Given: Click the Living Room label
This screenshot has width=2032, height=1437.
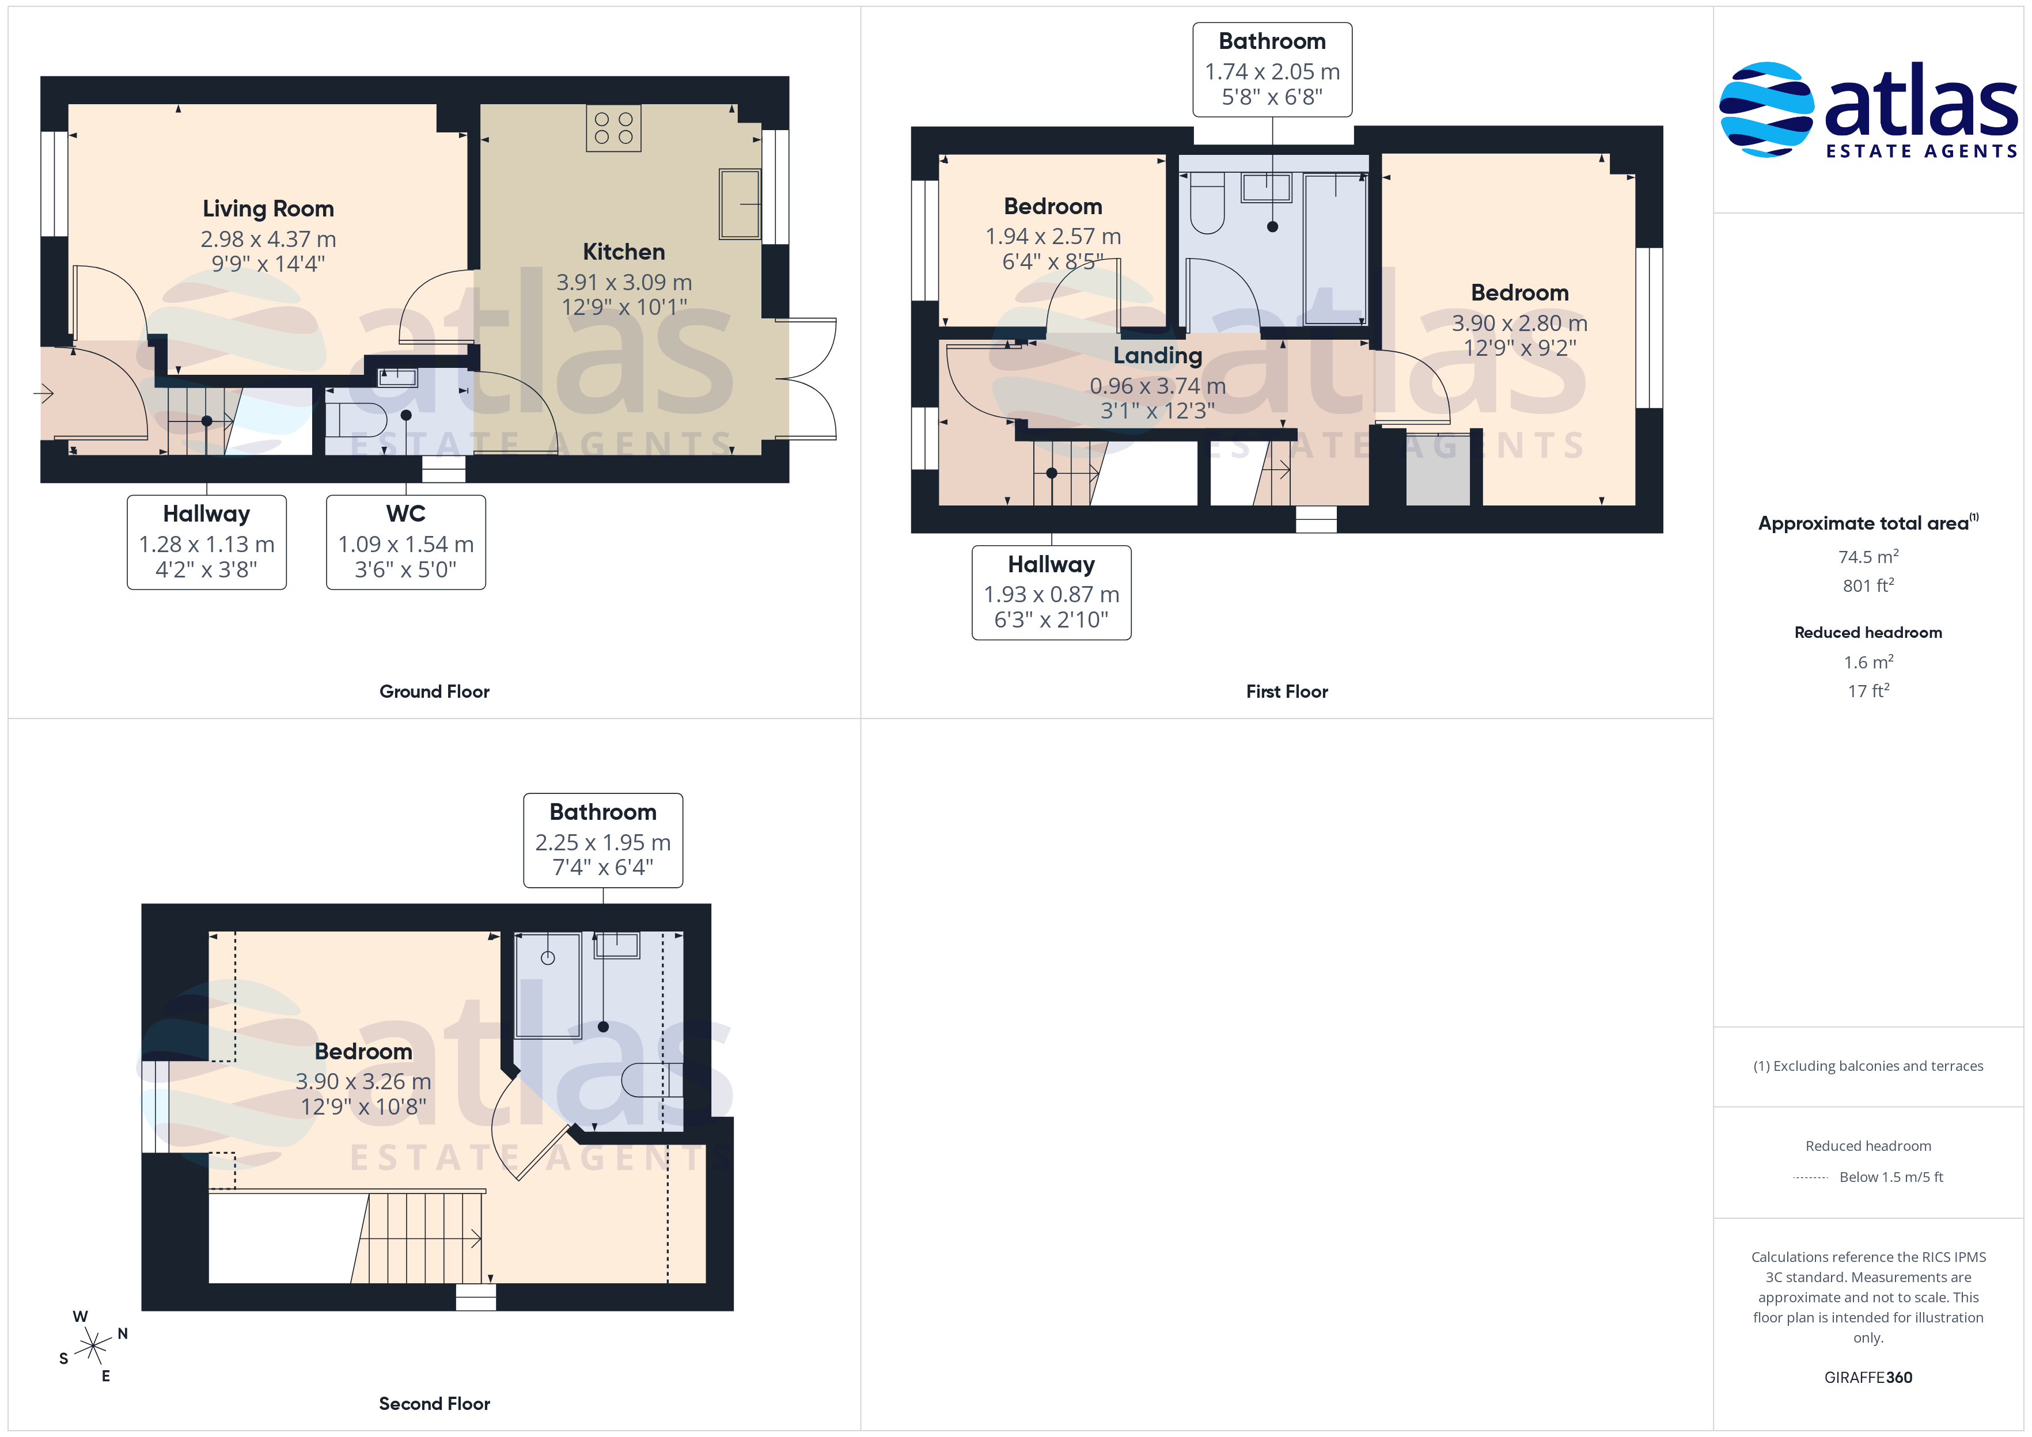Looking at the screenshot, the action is [x=268, y=209].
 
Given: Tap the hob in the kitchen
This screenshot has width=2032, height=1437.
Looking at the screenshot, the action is [x=613, y=128].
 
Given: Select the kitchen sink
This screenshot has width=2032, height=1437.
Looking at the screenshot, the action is [x=740, y=204].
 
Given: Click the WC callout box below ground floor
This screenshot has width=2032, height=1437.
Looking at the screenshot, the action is [x=406, y=542].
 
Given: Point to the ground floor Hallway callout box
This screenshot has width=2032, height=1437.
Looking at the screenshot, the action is [x=207, y=542].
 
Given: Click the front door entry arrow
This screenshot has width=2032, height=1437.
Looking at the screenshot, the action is [x=44, y=393].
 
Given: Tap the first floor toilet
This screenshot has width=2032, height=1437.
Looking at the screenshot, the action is [x=1207, y=203].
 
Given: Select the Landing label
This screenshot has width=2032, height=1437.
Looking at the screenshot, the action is [x=1158, y=356].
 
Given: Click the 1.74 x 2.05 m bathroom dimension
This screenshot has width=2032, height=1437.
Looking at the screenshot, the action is [x=1273, y=71].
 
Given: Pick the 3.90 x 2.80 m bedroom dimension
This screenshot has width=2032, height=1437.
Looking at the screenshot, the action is [x=1519, y=323].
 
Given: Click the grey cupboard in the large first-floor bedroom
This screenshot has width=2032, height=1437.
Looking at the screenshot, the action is [x=1438, y=469].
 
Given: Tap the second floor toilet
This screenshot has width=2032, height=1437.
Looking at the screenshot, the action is [x=652, y=1079].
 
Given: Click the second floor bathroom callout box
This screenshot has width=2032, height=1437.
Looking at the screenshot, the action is [x=604, y=841].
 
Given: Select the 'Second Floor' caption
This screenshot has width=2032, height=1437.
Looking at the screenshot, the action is [x=434, y=1404].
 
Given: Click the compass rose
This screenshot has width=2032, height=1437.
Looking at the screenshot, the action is [x=93, y=1347].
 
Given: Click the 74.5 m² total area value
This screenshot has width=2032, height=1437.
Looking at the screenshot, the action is [x=1868, y=557].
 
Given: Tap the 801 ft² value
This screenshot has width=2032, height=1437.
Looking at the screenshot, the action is [x=1868, y=586].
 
